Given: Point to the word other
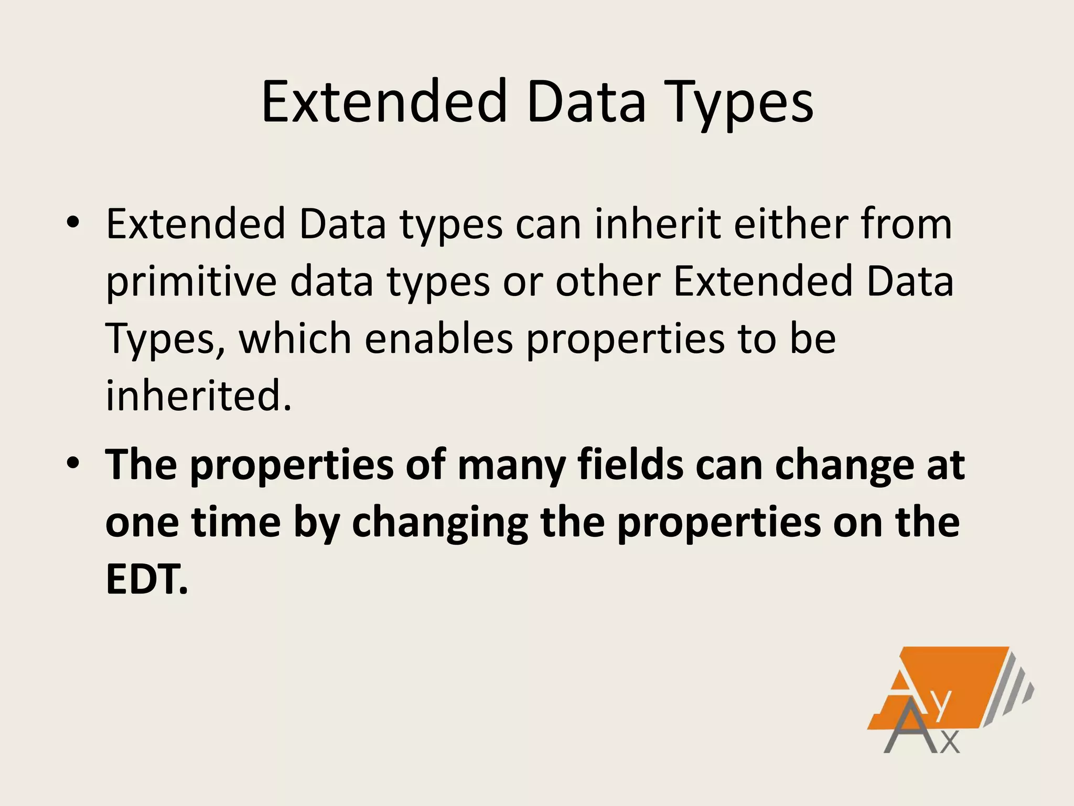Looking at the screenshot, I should click(608, 282).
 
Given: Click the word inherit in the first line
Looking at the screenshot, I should click(658, 224).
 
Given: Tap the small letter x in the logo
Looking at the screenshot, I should click(950, 743).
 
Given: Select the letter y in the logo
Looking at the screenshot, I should click(941, 706).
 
